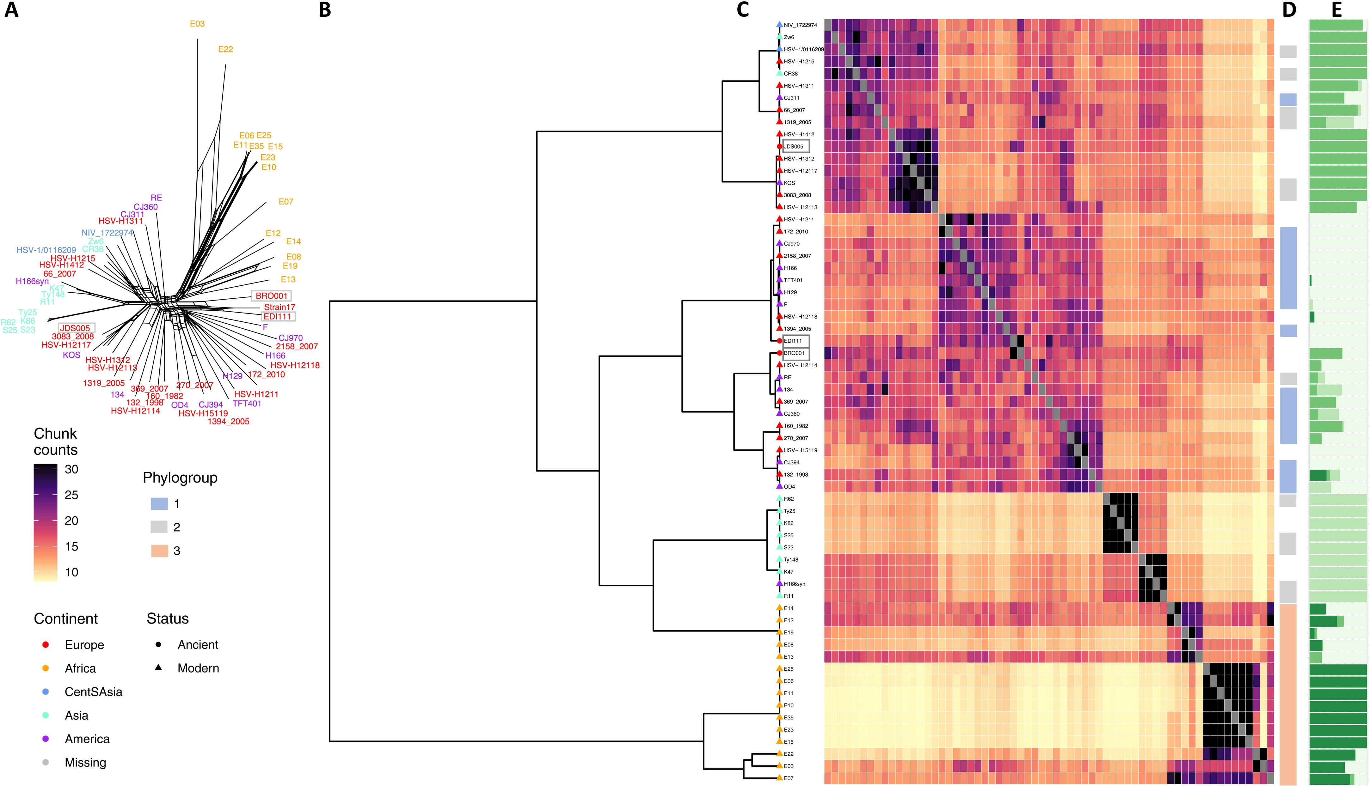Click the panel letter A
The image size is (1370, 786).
(11, 10)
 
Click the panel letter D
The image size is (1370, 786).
(1289, 10)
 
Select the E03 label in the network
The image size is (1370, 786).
(197, 24)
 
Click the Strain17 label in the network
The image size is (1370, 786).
(279, 307)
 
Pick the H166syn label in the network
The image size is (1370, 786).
(32, 281)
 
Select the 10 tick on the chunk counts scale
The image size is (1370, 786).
(71, 572)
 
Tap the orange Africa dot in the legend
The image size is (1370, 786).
(46, 668)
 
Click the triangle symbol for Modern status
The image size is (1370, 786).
(159, 668)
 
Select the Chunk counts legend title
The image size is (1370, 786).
(56, 442)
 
